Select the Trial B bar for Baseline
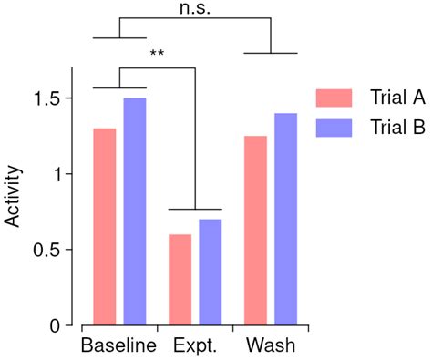coord(134,211)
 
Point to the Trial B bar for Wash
coord(285,219)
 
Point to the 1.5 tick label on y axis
coord(47,98)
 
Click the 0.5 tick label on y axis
coord(47,250)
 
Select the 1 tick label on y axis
coord(56,173)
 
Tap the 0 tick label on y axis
coord(56,325)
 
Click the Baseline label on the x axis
coord(118,347)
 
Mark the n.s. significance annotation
coord(196,7)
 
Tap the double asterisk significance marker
coord(157,54)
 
